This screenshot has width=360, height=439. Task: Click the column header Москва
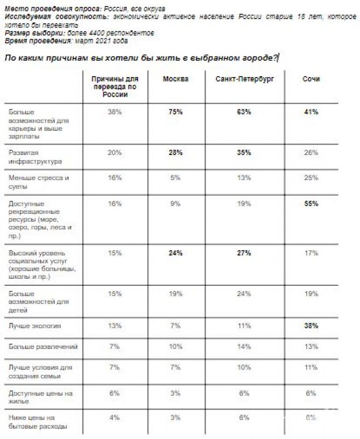coord(175,79)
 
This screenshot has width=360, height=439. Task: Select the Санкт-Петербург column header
coord(245,79)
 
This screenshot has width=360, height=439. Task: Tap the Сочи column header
coord(311,79)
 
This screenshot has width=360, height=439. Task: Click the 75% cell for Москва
coord(175,112)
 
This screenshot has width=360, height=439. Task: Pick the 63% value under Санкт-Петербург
coord(244,112)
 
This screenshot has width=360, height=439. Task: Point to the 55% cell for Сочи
coord(311,204)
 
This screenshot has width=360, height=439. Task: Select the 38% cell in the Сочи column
coord(311,326)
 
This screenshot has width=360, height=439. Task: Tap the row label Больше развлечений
coord(43,347)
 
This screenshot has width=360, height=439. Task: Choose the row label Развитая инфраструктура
coord(35,157)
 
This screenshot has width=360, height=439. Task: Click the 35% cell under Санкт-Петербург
coord(244,153)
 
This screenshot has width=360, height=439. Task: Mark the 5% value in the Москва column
coord(175,177)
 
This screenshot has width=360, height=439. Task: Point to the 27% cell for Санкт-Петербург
coord(244,253)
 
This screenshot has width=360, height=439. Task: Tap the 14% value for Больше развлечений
coord(244,347)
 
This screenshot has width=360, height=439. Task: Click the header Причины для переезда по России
coord(115,86)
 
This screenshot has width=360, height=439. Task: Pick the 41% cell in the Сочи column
coord(311,112)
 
